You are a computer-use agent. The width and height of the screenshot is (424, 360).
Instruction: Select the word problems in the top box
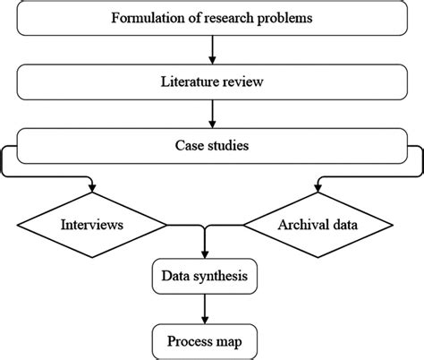pyautogui.click(x=285, y=18)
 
